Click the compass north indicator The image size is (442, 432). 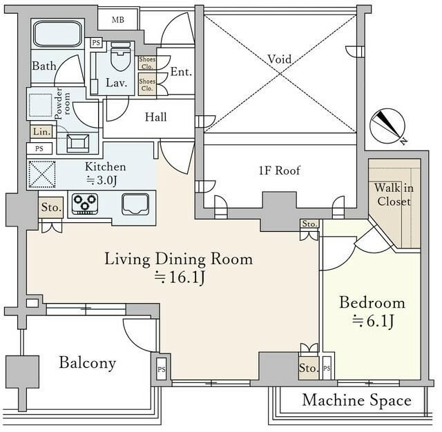tap(388, 126)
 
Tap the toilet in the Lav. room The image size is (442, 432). tap(121, 56)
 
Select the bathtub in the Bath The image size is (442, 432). tap(58, 34)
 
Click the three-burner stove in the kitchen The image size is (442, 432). tap(85, 204)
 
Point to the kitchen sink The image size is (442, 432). tap(135, 204)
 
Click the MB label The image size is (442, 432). tap(118, 20)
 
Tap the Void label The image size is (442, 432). tap(279, 59)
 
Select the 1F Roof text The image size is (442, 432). tap(279, 170)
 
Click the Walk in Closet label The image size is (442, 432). tap(394, 195)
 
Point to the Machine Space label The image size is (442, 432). tap(356, 400)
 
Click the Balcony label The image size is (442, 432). tap(88, 363)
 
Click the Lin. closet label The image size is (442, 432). tap(41, 132)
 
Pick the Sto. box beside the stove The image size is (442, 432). tap(51, 207)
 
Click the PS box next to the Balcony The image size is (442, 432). tap(162, 369)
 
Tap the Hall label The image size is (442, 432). tap(155, 117)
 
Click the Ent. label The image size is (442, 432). tap(181, 72)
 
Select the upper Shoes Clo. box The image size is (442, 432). tap(147, 63)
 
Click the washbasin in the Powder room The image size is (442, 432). tap(78, 144)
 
